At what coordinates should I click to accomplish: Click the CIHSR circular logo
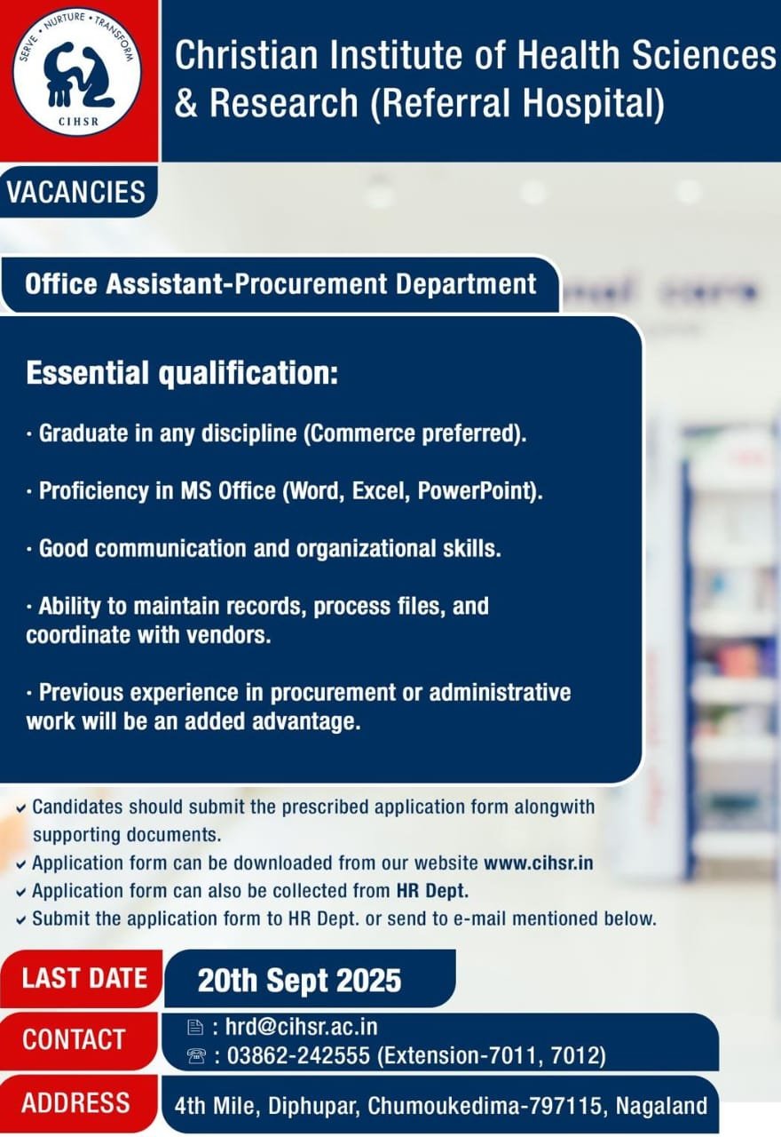coord(76,72)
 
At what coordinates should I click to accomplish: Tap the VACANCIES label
coord(76,192)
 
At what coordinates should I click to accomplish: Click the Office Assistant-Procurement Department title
coord(280,283)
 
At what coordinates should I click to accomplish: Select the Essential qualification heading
coord(182,373)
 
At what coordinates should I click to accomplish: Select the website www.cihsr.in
coord(539,863)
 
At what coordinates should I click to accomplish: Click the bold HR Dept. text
coord(432,891)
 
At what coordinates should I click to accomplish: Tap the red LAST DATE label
coord(84,978)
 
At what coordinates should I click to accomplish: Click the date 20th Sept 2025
coord(299,980)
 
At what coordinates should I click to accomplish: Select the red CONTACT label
coord(74,1039)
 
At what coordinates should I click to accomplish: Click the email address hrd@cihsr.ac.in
coord(302,1027)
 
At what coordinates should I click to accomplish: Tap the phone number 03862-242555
coord(298,1056)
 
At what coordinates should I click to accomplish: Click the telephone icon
coord(196,1056)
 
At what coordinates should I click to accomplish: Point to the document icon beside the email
coord(195,1028)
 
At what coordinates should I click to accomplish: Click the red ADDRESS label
coord(75,1103)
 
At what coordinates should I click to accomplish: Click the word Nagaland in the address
coord(662,1107)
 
